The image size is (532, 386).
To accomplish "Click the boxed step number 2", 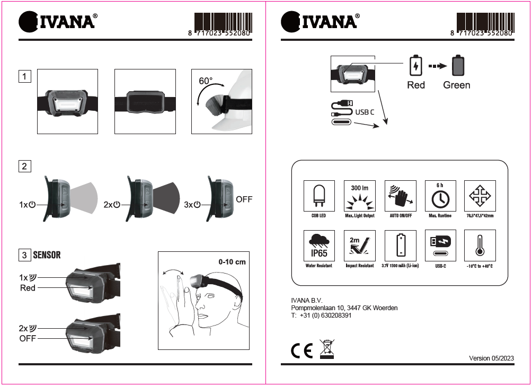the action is tap(24, 166).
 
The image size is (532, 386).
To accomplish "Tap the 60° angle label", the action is tap(206, 81).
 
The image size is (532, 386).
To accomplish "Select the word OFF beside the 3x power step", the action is tap(244, 199).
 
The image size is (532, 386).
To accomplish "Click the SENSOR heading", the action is tap(47, 255).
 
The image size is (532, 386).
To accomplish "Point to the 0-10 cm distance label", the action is tap(232, 262).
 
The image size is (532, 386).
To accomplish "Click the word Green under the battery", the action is tap(457, 85).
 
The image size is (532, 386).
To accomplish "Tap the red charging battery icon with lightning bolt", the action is tap(415, 65).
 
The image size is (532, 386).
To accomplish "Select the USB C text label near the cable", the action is tap(365, 112).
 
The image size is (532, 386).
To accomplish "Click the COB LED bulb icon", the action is tap(319, 196).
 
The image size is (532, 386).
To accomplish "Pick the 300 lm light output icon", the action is tap(360, 196).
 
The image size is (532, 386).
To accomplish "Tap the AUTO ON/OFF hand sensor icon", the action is tap(401, 196).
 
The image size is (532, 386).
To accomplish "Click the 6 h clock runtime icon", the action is tap(440, 196).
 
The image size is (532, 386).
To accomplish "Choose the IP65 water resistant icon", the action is tap(319, 245).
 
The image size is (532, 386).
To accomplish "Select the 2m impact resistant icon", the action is tap(360, 245).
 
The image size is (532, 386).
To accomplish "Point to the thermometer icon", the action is tap(480, 245).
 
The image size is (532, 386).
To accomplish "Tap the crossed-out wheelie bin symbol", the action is tap(327, 349).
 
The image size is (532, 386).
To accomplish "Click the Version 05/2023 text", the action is tap(491, 358).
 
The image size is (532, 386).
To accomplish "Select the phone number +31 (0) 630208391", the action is tap(326, 315).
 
